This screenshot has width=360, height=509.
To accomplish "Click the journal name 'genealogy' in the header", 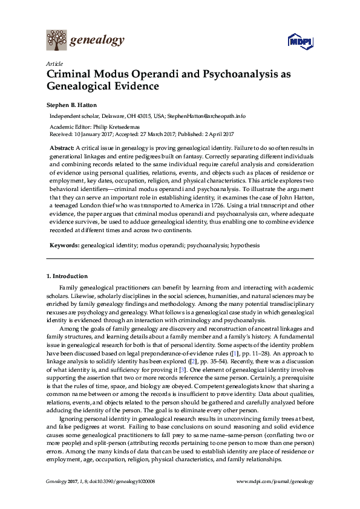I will click(x=97, y=41).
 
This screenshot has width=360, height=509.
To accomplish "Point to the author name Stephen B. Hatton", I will click(x=73, y=105).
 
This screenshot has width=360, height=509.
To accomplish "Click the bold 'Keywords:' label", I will click(x=64, y=245).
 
